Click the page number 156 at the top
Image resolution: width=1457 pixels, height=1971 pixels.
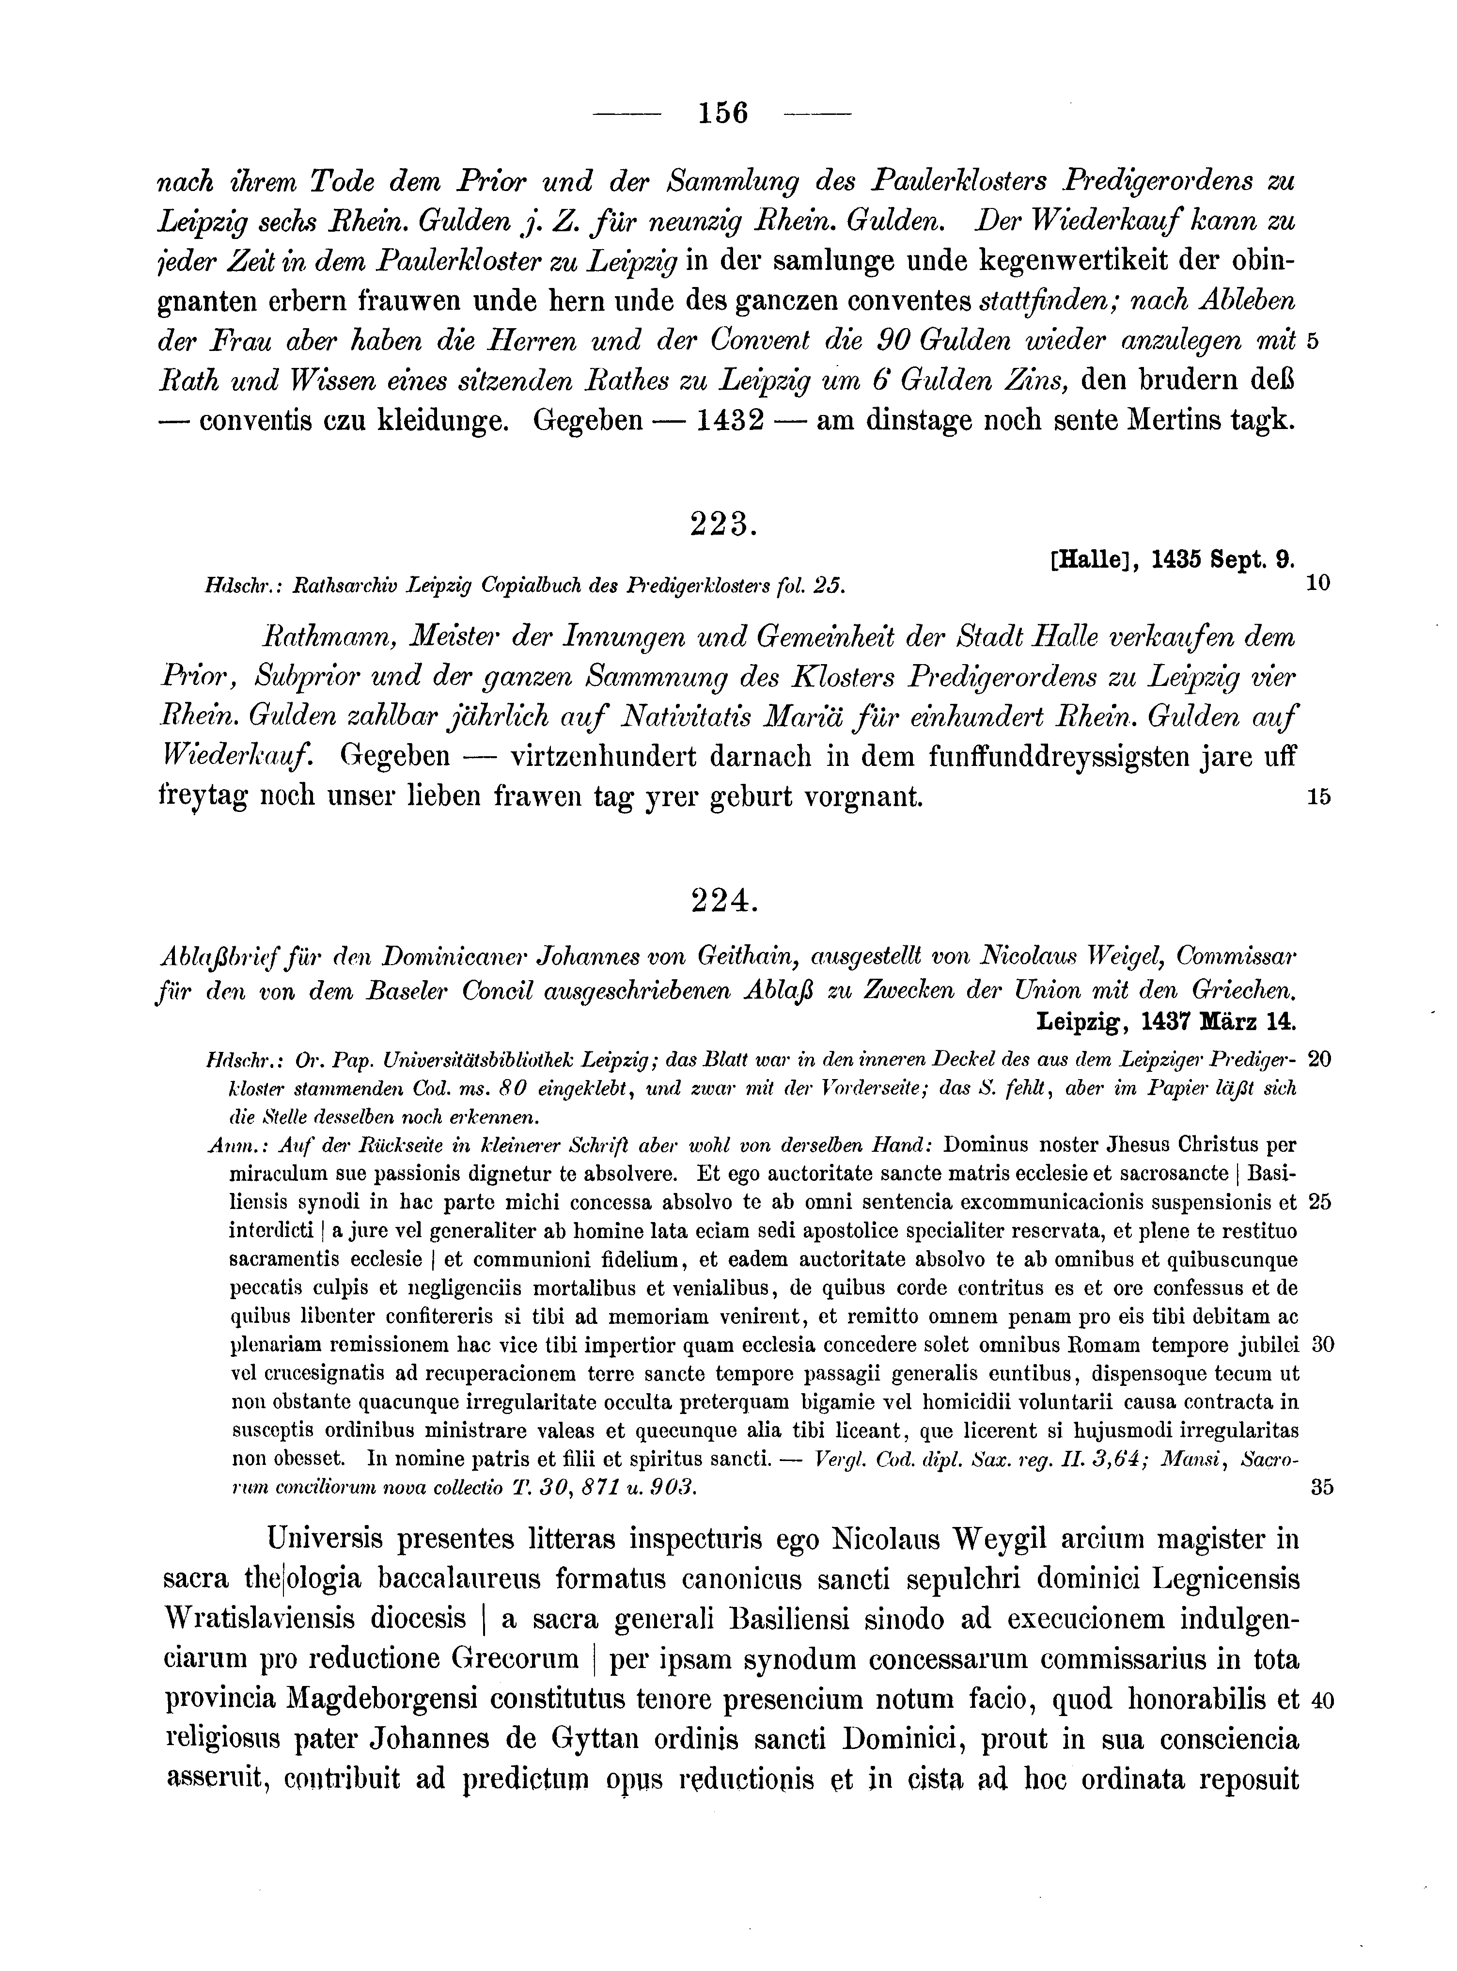pyautogui.click(x=721, y=114)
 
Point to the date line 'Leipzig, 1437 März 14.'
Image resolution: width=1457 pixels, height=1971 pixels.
pyautogui.click(x=1165, y=1022)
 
